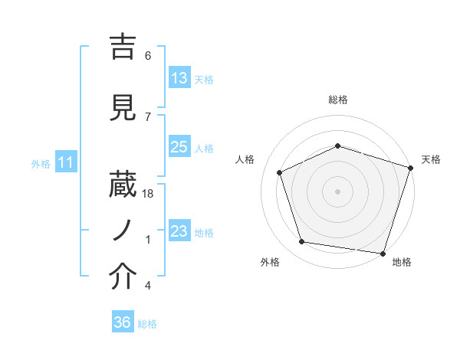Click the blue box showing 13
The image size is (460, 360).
pyautogui.click(x=179, y=78)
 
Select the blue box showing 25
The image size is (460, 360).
pyautogui.click(x=179, y=147)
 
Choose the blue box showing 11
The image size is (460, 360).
pyautogui.click(x=65, y=162)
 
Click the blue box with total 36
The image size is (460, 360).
pyautogui.click(x=123, y=322)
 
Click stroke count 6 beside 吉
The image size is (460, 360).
pyautogui.click(x=147, y=56)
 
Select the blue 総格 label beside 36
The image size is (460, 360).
pyautogui.click(x=147, y=324)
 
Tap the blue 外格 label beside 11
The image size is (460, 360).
pyautogui.click(x=41, y=163)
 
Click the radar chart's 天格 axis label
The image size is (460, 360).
pyautogui.click(x=431, y=159)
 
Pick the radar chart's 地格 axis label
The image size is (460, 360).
pyautogui.click(x=402, y=262)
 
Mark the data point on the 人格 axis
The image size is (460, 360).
pyautogui.click(x=280, y=172)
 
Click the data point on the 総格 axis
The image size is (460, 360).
pyautogui.click(x=337, y=146)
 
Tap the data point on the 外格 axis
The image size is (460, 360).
pyautogui.click(x=302, y=242)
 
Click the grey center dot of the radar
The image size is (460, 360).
pyautogui.click(x=337, y=191)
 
